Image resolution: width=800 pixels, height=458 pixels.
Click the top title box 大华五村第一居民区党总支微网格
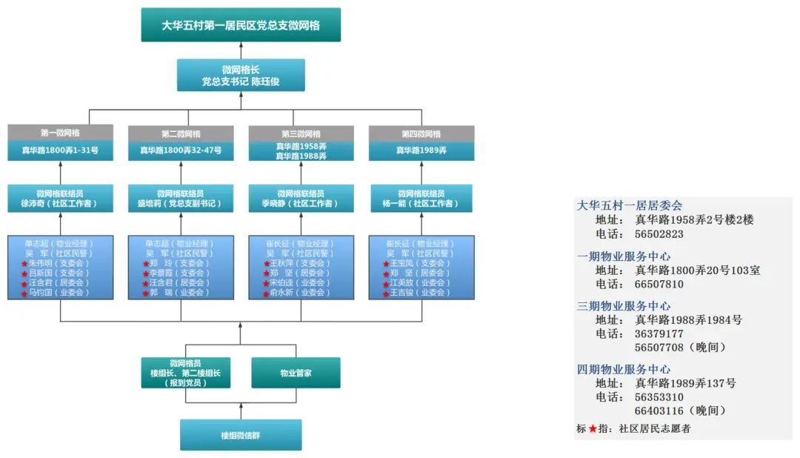pyautogui.click(x=241, y=25)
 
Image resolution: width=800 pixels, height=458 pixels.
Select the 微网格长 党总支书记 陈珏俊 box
pyautogui.click(x=241, y=75)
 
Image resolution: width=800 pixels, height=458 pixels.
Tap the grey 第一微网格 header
pyautogui.click(x=60, y=133)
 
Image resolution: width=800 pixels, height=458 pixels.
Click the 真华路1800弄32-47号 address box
pyautogui.click(x=181, y=150)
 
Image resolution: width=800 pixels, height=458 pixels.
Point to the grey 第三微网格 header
pyautogui.click(x=301, y=133)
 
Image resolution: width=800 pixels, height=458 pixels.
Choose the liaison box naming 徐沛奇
pyautogui.click(x=60, y=199)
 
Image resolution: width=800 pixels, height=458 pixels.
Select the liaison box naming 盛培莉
pyautogui.click(x=181, y=199)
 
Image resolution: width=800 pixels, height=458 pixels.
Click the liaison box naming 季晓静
pyautogui.click(x=301, y=199)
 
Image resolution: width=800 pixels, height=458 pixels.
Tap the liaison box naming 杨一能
pyautogui.click(x=421, y=199)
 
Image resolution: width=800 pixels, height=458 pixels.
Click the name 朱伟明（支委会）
pyautogui.click(x=61, y=263)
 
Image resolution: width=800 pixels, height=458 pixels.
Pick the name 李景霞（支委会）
pyautogui.click(x=181, y=273)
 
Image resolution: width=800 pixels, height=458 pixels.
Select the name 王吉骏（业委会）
pyautogui.click(x=421, y=293)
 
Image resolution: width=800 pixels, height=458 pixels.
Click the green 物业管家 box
pyautogui.click(x=296, y=373)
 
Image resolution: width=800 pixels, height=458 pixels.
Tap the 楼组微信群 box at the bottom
pyautogui.click(x=241, y=435)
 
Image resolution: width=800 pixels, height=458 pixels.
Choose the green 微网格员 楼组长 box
pyautogui.click(x=185, y=373)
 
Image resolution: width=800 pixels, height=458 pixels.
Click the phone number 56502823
pyautogui.click(x=659, y=234)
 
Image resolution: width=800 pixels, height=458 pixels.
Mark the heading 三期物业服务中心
pyautogui.click(x=624, y=305)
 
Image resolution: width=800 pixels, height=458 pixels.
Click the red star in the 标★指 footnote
pyautogui.click(x=593, y=428)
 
